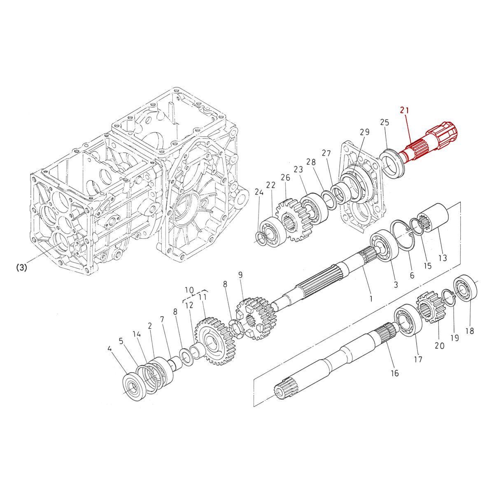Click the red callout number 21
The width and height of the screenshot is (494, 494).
click(405, 110)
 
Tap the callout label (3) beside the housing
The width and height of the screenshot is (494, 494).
click(21, 268)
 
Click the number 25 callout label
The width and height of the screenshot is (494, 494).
click(384, 122)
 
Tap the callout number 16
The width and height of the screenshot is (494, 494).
click(394, 373)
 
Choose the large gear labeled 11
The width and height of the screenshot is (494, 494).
click(216, 340)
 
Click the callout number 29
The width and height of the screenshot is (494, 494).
click(364, 132)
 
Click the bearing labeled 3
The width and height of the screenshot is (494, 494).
click(383, 248)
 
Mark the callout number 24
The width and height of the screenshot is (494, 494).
click(259, 192)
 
